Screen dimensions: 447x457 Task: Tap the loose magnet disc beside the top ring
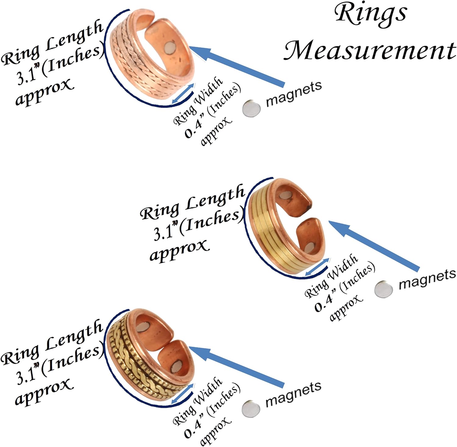point(252,108)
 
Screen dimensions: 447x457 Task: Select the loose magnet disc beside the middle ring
point(383,289)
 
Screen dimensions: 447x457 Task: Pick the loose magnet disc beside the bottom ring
point(251,409)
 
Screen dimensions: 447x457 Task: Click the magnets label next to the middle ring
point(427,279)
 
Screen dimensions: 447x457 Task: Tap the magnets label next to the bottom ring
point(293,394)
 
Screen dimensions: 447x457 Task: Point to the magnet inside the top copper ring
point(170,48)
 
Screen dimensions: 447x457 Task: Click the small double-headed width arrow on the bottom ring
point(182,394)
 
